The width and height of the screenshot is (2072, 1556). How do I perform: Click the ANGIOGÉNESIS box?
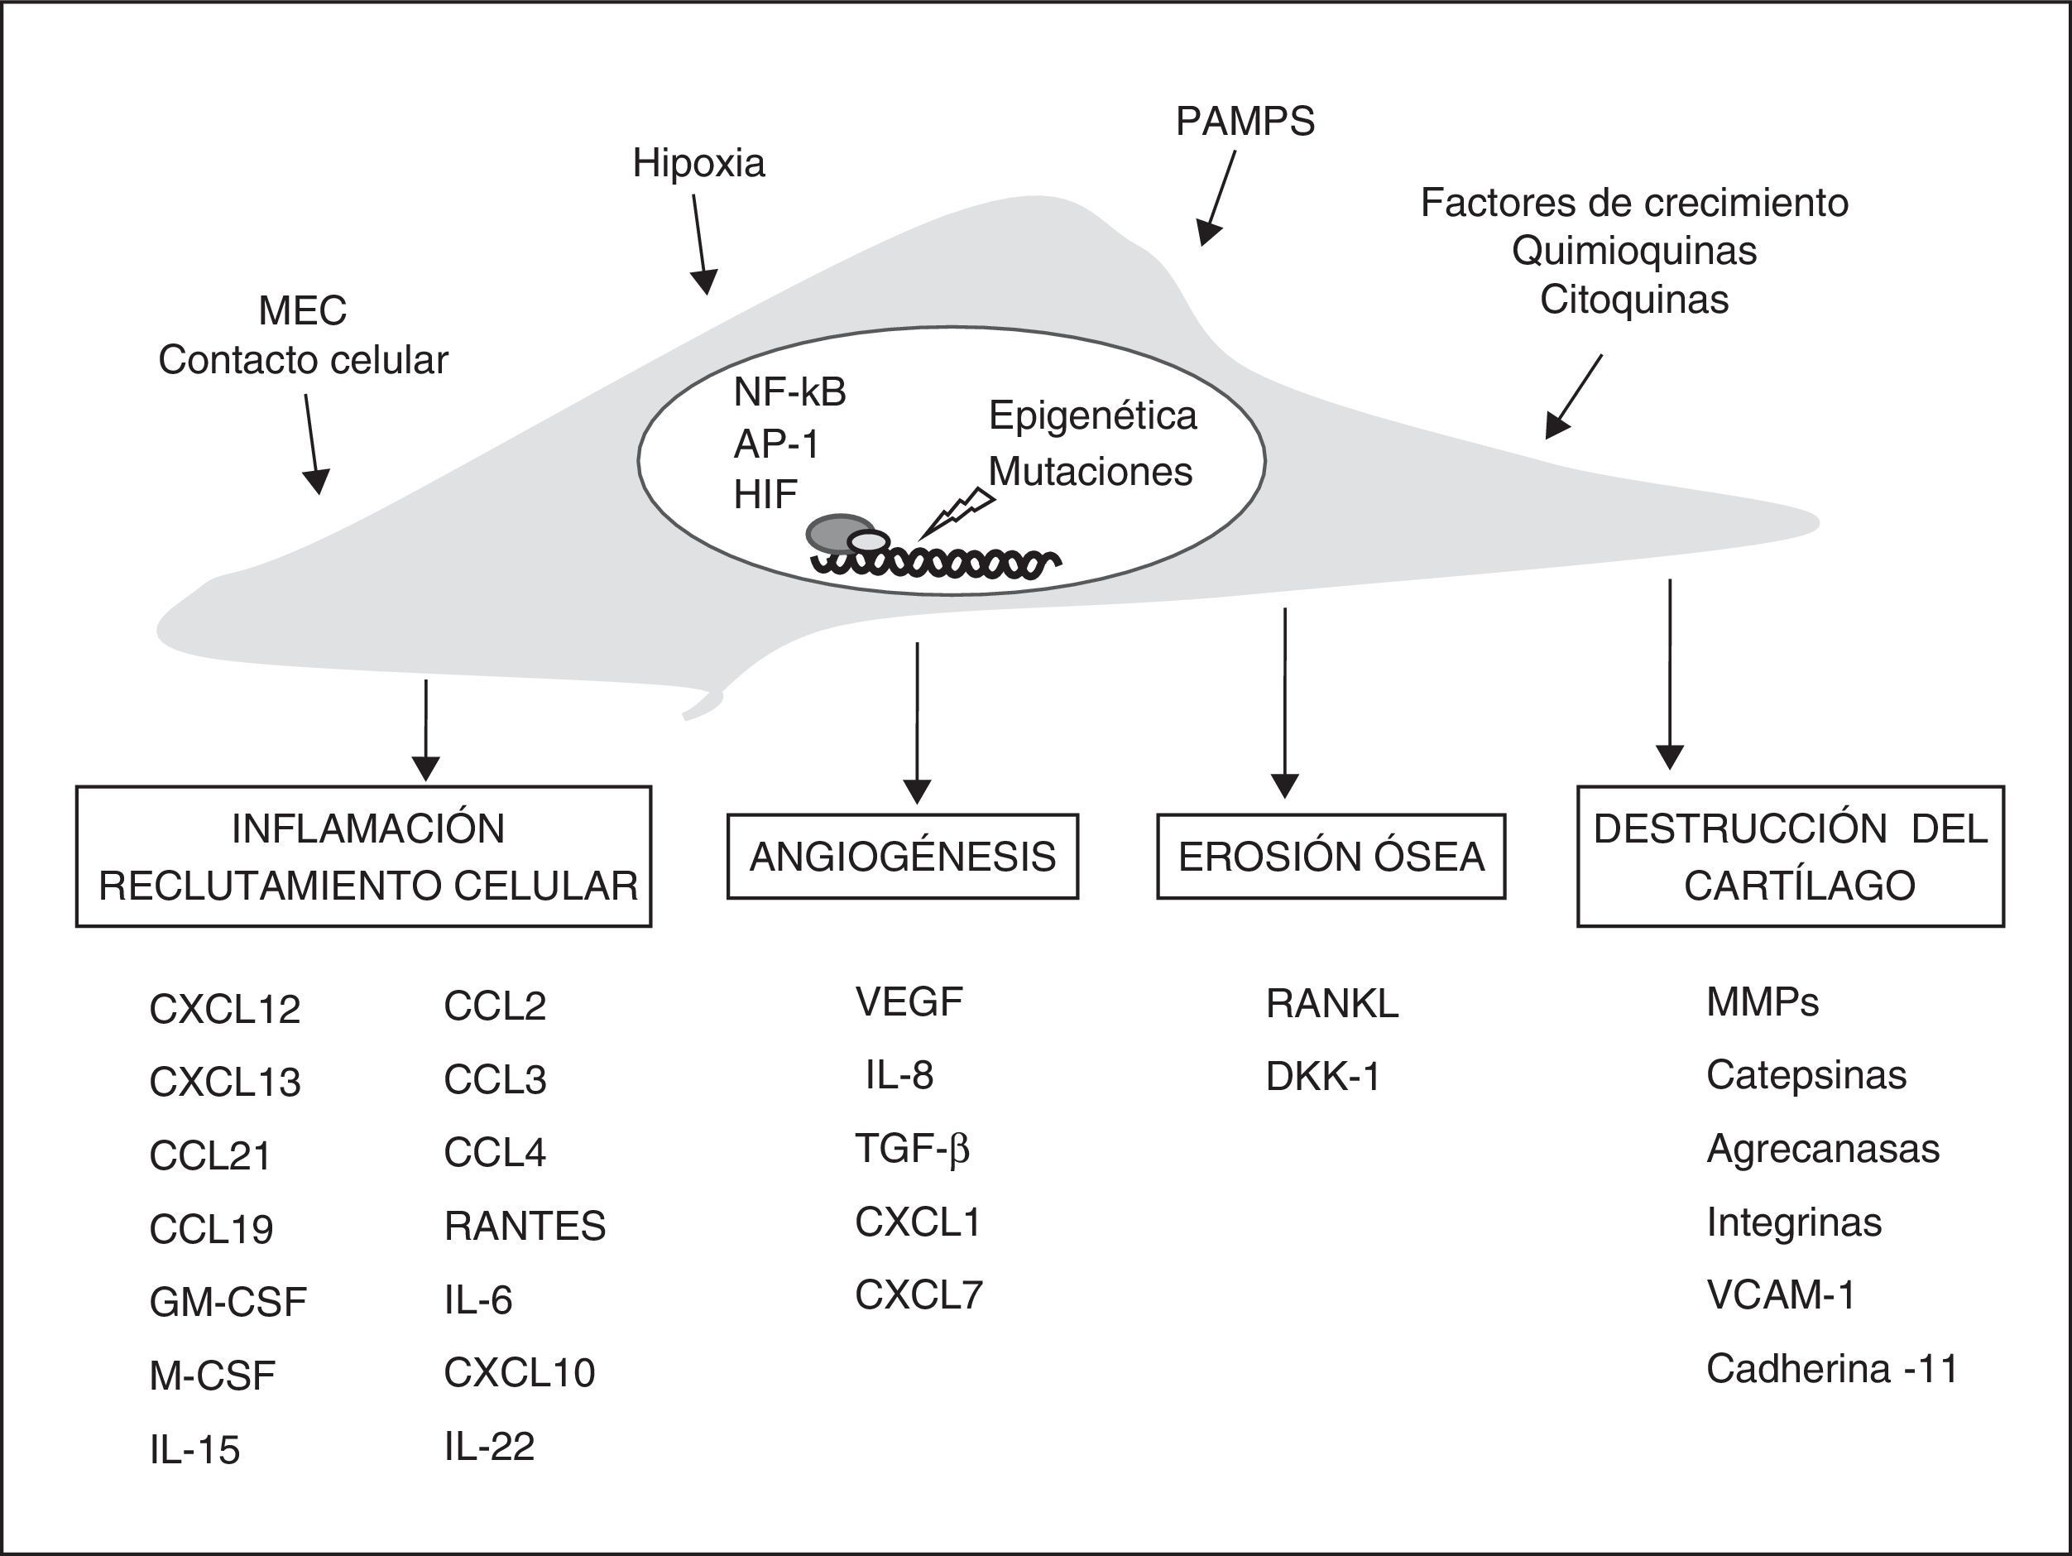coord(903,857)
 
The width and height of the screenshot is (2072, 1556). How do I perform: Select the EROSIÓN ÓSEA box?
coord(1331,857)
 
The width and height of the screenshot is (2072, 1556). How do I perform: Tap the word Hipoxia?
coord(698,164)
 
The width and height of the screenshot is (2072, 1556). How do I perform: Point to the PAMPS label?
coord(1245,122)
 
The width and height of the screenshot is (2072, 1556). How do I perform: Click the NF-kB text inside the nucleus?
coord(789,392)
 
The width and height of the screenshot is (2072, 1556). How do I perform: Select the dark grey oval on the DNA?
coord(840,533)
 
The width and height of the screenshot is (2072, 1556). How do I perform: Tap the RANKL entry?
coord(1332,1004)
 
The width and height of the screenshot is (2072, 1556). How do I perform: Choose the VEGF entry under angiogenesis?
coord(909,1002)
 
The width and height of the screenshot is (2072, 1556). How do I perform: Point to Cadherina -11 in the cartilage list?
coord(1832,1370)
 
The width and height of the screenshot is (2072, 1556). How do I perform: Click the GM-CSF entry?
coord(228,1302)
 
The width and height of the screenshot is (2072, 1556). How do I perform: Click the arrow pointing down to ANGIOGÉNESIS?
coord(917,723)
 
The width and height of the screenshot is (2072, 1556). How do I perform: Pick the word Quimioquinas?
coord(1633,251)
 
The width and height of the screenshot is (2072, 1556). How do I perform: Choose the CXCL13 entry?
coord(225,1083)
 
